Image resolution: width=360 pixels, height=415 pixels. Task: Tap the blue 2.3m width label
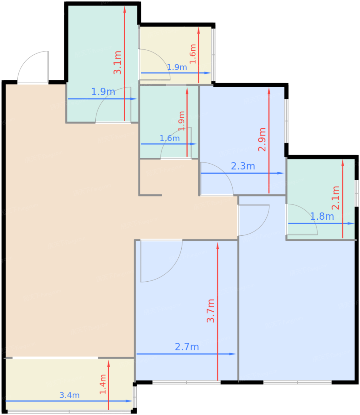[243, 166]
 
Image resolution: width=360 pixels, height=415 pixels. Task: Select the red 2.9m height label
[262, 139]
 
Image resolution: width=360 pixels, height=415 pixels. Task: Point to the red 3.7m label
[210, 311]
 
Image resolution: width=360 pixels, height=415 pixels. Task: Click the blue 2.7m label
[187, 347]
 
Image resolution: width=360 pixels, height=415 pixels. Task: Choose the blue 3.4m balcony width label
[69, 395]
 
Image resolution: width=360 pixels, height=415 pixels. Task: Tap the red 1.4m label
[103, 384]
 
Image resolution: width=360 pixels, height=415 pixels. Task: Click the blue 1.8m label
[322, 216]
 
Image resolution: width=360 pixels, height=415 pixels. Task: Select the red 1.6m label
[193, 54]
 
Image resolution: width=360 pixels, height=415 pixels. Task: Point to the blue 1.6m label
[170, 138]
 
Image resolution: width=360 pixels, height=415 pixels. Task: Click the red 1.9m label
[181, 121]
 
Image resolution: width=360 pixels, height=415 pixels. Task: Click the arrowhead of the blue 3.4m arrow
[129, 401]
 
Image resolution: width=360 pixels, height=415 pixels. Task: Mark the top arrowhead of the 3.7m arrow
[217, 246]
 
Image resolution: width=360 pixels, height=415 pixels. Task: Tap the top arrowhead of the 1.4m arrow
[108, 364]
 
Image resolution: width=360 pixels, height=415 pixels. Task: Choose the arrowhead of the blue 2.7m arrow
[233, 354]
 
